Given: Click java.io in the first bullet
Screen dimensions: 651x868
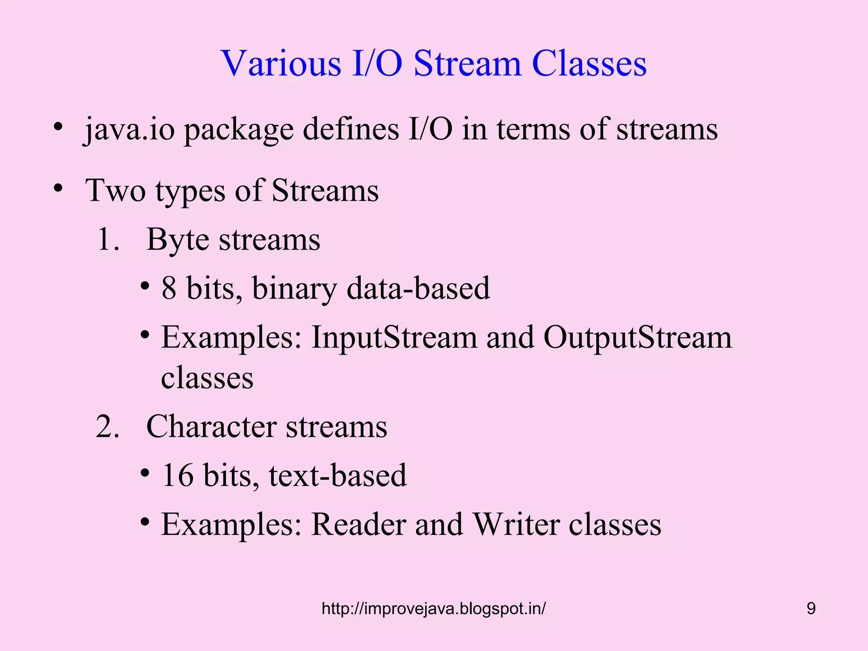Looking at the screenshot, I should (129, 129).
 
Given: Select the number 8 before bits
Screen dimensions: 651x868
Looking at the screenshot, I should (169, 288).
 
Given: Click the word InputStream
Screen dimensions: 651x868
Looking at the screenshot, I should (394, 338).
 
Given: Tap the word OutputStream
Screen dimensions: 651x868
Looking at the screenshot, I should (637, 338).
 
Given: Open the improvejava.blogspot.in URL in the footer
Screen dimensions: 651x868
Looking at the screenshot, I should (434, 609).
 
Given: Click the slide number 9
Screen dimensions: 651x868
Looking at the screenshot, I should (811, 609).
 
